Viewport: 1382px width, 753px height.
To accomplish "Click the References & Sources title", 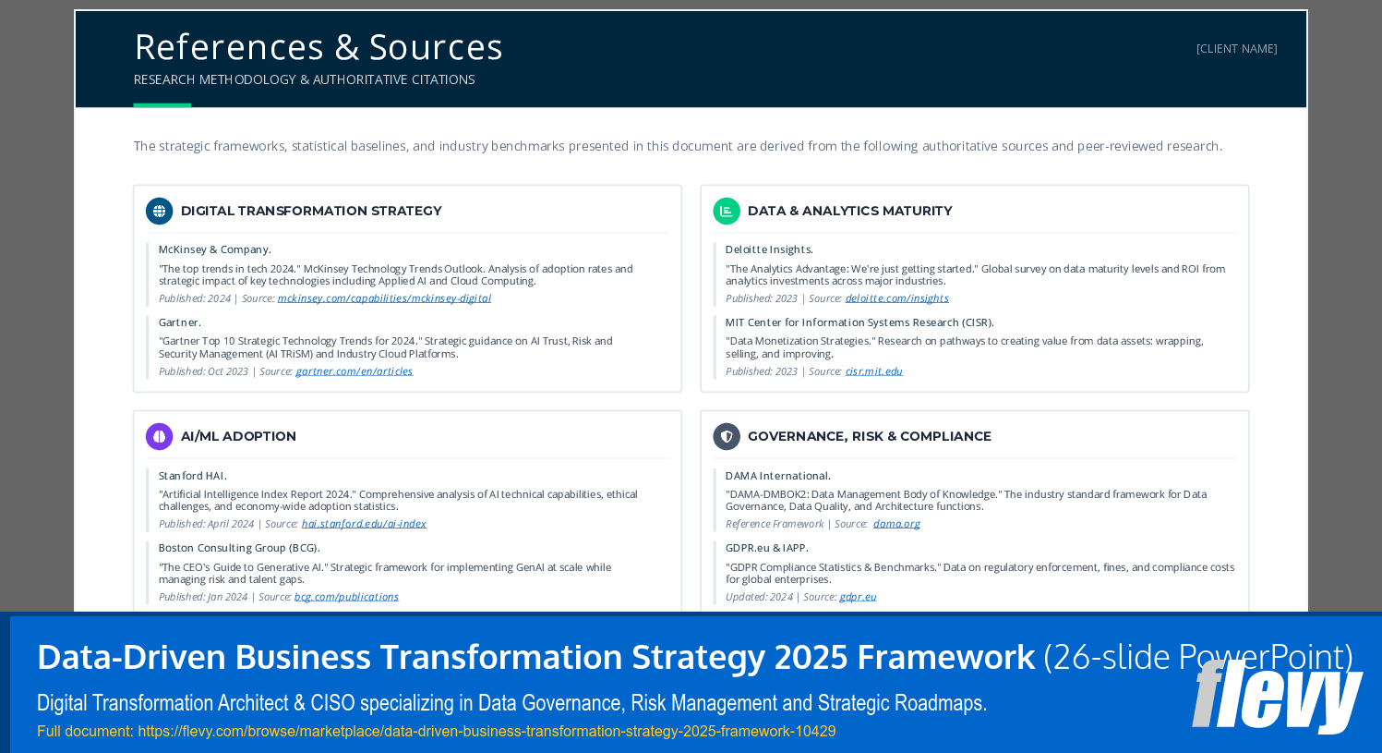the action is tap(318, 47).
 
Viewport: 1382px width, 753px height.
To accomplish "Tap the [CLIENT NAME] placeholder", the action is tap(1236, 49).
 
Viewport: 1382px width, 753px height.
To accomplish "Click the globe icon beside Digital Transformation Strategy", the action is tap(159, 211).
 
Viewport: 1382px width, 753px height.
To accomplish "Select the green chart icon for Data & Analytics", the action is tap(727, 211).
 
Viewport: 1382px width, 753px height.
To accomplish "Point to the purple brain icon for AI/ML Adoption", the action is tap(159, 436).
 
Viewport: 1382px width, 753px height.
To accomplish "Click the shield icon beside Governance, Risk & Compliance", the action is tap(727, 436).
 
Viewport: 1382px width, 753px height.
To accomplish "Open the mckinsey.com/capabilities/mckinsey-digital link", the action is tap(384, 298).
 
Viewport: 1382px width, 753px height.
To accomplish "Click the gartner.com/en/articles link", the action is tap(355, 370).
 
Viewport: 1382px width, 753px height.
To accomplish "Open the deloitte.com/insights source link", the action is tap(897, 298).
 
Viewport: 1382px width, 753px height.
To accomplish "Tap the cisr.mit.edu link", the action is tap(873, 370).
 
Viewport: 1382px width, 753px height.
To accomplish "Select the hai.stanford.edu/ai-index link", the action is tap(364, 523).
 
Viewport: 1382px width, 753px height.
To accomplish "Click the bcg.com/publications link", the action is tap(346, 597).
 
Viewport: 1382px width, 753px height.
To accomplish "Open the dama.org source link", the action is tap(896, 523).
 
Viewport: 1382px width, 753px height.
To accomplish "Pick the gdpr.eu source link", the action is tap(858, 597).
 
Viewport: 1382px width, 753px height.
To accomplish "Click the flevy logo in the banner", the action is tap(1277, 697).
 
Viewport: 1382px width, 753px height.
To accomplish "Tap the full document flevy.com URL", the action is tap(487, 732).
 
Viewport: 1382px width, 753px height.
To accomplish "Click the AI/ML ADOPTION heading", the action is tap(238, 436).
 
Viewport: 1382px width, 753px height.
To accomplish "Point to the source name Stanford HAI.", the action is tap(193, 476).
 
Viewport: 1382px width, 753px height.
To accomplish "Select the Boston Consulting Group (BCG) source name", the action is tap(239, 548).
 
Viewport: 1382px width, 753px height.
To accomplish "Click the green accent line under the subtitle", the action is tap(162, 105).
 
